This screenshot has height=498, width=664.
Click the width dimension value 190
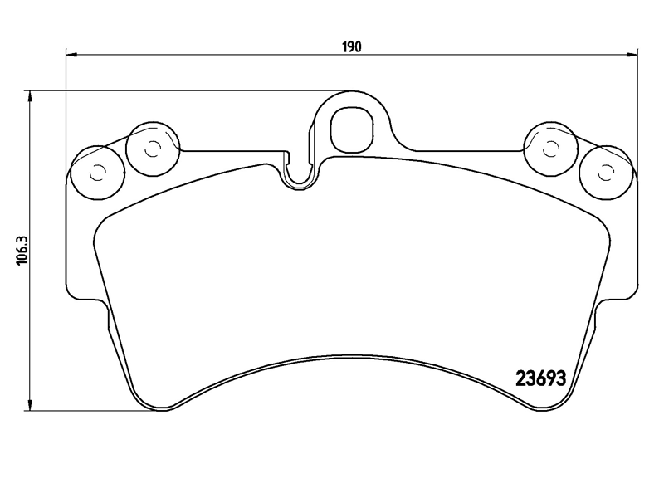pyautogui.click(x=351, y=47)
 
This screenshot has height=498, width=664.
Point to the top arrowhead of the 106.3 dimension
pyautogui.click(x=31, y=96)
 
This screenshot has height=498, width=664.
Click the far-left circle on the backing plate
pyautogui.click(x=97, y=172)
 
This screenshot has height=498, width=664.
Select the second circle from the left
pyautogui.click(x=152, y=150)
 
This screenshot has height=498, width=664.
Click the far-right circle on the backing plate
pyautogui.click(x=606, y=172)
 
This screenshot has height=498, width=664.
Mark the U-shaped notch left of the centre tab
pyautogui.click(x=300, y=174)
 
